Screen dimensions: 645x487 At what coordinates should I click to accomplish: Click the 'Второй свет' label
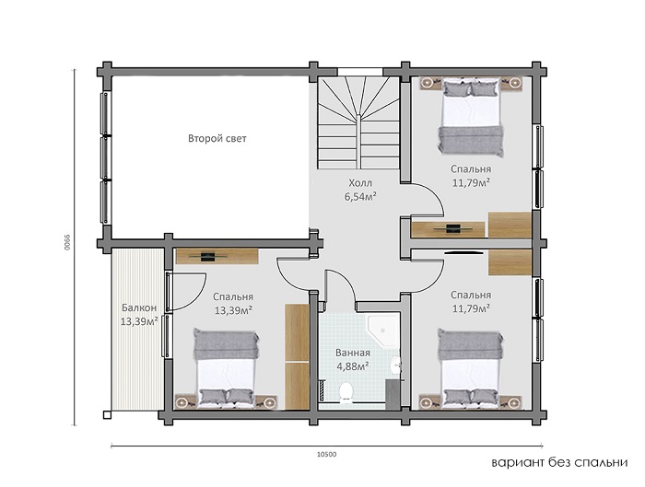pos(217,138)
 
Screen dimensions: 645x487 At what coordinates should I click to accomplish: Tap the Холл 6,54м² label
pos(360,190)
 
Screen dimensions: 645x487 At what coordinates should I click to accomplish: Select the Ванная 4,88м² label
pos(353,359)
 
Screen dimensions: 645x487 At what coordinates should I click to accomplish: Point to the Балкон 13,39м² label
pos(139,315)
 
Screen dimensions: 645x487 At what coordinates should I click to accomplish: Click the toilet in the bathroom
pos(347,391)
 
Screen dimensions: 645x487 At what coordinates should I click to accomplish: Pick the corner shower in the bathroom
pos(383,331)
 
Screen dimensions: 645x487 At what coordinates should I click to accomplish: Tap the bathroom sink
pos(395,365)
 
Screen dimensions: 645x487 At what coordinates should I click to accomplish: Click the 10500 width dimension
pos(326,454)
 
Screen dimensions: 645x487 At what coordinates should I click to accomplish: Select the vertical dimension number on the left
pos(66,242)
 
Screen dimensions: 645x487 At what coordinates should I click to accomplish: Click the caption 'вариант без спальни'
pos(560,463)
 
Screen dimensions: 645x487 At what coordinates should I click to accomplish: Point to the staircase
pos(358,122)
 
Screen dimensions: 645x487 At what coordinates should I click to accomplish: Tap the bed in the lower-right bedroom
pos(471,367)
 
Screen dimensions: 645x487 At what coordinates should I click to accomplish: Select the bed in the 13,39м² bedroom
pos(227,368)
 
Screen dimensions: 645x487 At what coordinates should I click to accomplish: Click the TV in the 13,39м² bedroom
pos(207,257)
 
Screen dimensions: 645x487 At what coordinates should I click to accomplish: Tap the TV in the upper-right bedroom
pos(453,228)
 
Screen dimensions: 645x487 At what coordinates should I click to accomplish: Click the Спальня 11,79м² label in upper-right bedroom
pos(471,176)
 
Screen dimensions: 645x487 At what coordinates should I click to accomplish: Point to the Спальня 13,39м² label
pos(233,303)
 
